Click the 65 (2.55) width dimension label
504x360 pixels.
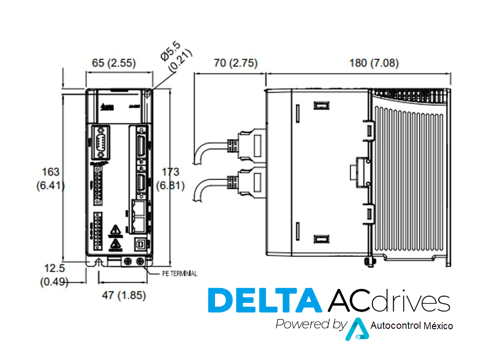tap(113, 63)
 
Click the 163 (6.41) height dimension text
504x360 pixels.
tap(51, 178)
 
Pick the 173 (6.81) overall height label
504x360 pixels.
tap(170, 178)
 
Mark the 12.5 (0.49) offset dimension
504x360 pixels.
tap(54, 275)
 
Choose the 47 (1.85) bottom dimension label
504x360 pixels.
tap(124, 295)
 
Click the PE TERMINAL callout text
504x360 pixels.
tap(179, 274)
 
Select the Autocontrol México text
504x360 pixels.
tap(412, 326)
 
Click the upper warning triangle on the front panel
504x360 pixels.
tap(114, 230)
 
